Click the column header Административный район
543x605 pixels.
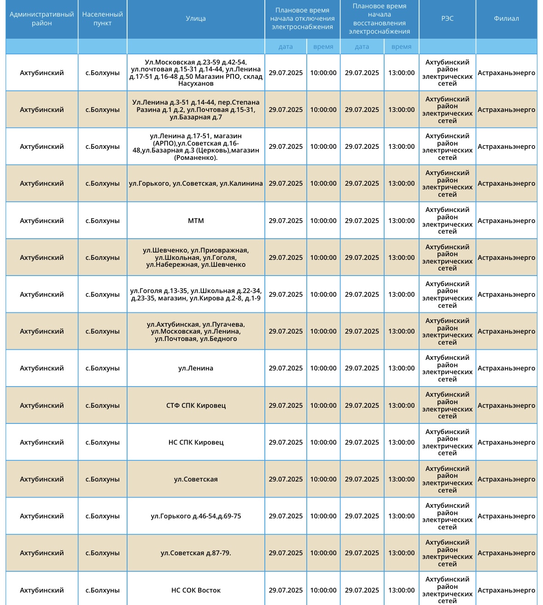42,19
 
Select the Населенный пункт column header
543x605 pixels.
103,19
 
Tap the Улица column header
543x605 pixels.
196,19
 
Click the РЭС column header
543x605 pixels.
447,19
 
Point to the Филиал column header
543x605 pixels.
506,19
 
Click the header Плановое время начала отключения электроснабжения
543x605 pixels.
302,19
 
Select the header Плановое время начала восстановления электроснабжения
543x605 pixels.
380,19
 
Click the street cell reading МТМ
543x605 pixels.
196,221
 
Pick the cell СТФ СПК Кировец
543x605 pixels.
196,405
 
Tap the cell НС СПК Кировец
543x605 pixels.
196,442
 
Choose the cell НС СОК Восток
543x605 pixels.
196,590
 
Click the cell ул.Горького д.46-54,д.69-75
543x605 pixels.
196,516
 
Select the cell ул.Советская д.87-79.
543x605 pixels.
196,553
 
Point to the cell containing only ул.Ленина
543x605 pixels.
196,368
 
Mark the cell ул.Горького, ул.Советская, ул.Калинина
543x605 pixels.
196,183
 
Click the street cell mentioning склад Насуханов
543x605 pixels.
196,73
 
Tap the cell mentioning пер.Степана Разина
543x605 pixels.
196,110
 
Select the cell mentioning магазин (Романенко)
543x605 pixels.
196,147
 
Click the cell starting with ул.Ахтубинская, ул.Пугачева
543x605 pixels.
196,331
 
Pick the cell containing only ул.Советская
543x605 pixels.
196,479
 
